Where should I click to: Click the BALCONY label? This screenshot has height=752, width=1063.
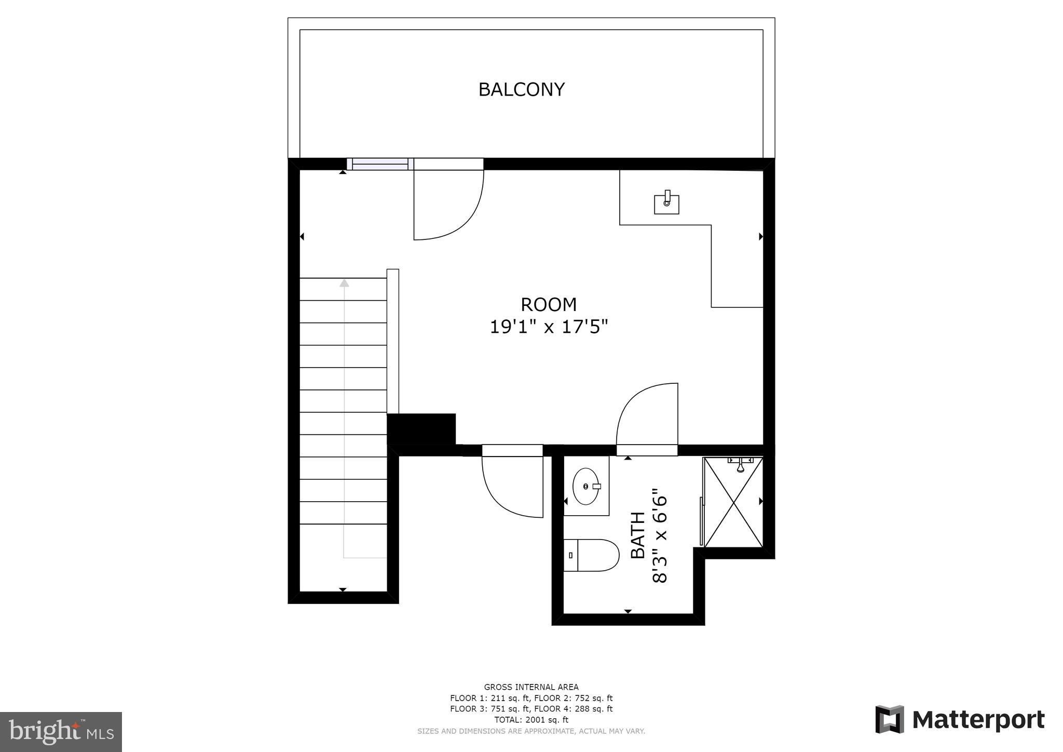pyautogui.click(x=521, y=89)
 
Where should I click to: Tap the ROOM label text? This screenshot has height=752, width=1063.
pyautogui.click(x=549, y=304)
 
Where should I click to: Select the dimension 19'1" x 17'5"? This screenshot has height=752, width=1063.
pyautogui.click(x=549, y=327)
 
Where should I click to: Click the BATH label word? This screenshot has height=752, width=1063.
pyautogui.click(x=638, y=535)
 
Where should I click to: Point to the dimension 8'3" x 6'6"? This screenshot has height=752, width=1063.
pyautogui.click(x=659, y=535)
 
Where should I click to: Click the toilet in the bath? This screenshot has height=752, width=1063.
pyautogui.click(x=592, y=555)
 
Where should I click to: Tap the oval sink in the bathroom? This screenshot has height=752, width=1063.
pyautogui.click(x=586, y=486)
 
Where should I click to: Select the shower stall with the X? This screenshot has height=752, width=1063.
pyautogui.click(x=733, y=502)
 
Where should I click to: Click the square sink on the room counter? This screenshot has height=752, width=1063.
pyautogui.click(x=666, y=204)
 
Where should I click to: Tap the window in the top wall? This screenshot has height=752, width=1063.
pyautogui.click(x=380, y=164)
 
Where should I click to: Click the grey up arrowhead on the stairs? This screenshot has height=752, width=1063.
pyautogui.click(x=344, y=283)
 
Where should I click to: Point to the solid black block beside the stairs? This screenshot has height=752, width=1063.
pyautogui.click(x=421, y=429)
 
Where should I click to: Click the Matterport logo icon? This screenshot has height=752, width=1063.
pyautogui.click(x=890, y=719)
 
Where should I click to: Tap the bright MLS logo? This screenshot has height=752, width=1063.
pyautogui.click(x=61, y=732)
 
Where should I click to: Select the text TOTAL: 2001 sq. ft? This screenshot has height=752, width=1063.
pyautogui.click(x=531, y=720)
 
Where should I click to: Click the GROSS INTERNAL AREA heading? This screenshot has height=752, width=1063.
pyautogui.click(x=531, y=687)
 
